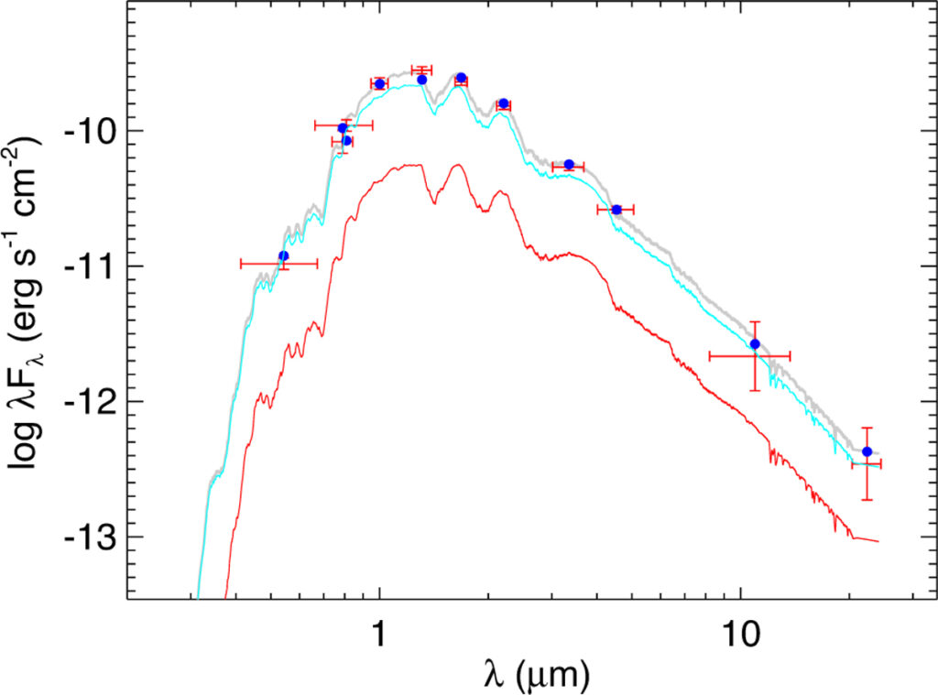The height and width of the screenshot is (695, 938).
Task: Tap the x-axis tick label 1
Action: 379,632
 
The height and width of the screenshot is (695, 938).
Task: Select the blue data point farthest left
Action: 283,255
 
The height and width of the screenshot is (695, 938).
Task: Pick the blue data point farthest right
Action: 867,451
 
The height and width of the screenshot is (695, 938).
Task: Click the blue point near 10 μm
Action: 755,343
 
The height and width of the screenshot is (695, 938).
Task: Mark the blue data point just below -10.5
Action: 616,210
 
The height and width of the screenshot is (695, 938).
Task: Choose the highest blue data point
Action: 462,78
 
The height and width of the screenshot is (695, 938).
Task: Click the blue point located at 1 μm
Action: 379,84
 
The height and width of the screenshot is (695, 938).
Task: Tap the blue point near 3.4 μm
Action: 569,164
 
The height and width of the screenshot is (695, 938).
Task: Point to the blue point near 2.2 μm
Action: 503,103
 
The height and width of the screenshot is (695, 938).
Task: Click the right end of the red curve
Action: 878,541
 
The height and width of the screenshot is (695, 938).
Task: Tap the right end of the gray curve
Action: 878,453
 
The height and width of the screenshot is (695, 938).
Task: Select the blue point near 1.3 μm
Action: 421,80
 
